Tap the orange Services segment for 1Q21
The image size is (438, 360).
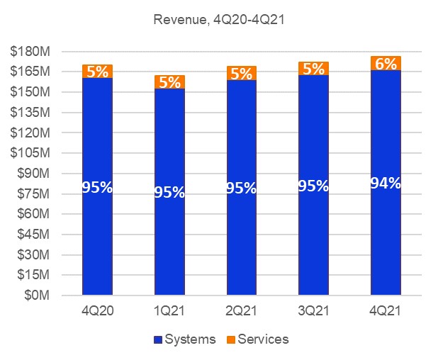tap(169, 81)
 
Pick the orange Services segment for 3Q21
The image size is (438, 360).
tap(314, 69)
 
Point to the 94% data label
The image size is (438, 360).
tap(386, 182)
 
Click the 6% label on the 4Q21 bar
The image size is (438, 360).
tap(386, 64)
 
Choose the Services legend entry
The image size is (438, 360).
tap(257, 339)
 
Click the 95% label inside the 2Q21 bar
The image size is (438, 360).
tap(242, 188)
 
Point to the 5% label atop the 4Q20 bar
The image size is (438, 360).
tap(97, 71)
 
